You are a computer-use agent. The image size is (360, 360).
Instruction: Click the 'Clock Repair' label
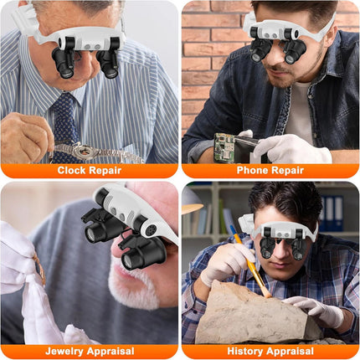[x=90, y=170]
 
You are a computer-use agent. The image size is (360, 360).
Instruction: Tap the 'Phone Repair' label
[x=270, y=170]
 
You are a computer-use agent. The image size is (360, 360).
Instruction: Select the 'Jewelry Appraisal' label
[x=90, y=352]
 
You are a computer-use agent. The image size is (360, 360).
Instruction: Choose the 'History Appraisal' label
[x=270, y=352]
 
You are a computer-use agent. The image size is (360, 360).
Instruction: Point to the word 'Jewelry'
[x=67, y=352]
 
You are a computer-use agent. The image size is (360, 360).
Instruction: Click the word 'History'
[x=243, y=352]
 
